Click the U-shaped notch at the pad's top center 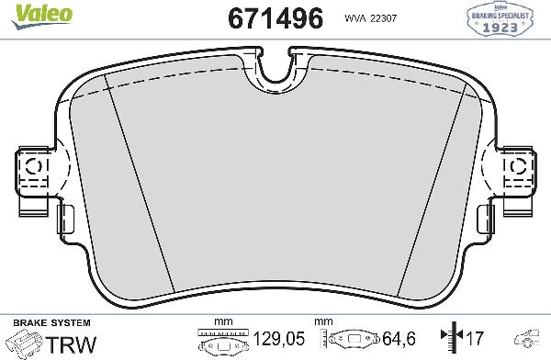pyautogui.click(x=276, y=67)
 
